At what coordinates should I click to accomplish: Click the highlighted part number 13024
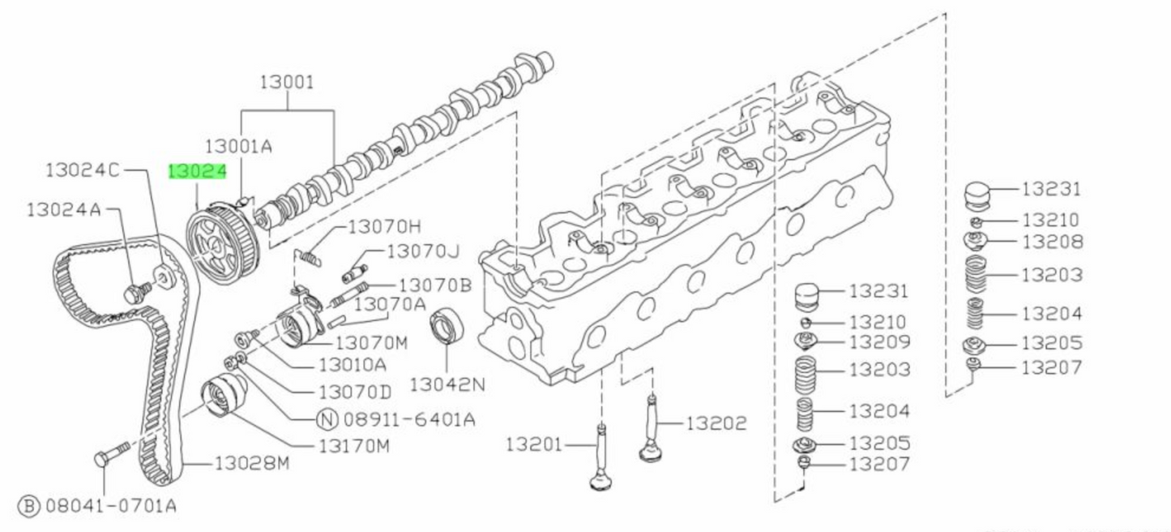[197, 172]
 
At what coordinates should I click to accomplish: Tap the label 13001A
[238, 146]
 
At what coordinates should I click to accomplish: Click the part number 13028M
[251, 464]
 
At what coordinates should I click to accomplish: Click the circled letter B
[28, 506]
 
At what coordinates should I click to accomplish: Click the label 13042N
[447, 383]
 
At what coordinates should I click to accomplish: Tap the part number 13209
[879, 342]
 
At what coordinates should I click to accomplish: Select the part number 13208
[1051, 242]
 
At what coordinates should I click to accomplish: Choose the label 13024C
[83, 170]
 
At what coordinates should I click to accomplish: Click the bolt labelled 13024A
[135, 292]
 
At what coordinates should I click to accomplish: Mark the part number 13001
[287, 82]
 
